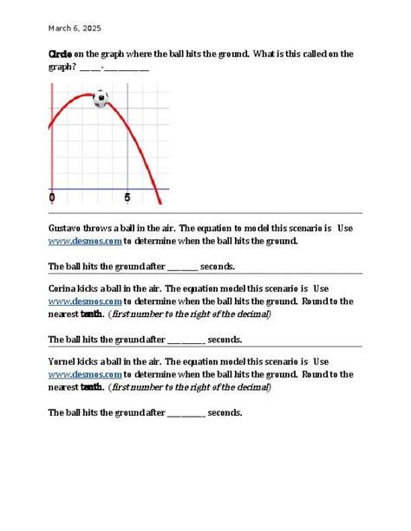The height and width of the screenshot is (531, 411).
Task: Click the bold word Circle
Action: [x=59, y=54]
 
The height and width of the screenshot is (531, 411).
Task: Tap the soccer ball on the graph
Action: [x=101, y=99]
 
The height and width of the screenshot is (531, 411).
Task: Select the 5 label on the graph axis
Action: [x=127, y=198]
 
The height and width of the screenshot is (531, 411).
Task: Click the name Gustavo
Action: [x=65, y=229]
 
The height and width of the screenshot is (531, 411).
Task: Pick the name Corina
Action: [x=62, y=289]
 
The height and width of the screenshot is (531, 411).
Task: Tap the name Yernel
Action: [x=62, y=361]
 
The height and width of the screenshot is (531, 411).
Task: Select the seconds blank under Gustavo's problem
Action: [x=183, y=267]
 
